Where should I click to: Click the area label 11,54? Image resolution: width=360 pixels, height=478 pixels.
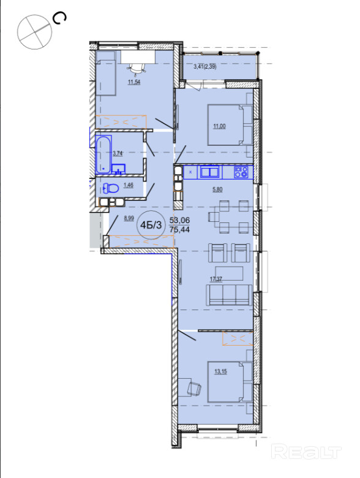[x=134, y=82]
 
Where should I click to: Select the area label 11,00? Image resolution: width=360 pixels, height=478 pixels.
[x=219, y=126]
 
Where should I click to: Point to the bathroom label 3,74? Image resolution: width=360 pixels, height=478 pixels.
[x=118, y=153]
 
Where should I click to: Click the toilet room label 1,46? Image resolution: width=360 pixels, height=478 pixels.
[x=128, y=185]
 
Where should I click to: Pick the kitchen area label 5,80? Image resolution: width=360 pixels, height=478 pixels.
[x=217, y=189]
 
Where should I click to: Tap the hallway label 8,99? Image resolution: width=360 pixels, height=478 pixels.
[x=129, y=218]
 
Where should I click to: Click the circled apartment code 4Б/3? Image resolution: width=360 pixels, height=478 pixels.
[x=151, y=225]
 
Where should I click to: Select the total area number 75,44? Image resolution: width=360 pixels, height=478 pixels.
[x=180, y=230]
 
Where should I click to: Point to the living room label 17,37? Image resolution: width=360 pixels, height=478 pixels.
[x=216, y=279]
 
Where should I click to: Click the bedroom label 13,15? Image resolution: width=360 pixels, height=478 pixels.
[x=220, y=371]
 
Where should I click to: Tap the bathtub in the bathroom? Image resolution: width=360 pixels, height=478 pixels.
[x=103, y=155]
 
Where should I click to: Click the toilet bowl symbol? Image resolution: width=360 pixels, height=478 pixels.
[x=111, y=188]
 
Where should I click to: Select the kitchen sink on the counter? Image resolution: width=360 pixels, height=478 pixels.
[x=209, y=172]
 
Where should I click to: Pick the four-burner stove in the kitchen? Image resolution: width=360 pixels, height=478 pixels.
[x=241, y=172]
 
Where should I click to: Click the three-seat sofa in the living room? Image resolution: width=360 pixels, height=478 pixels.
[x=229, y=295]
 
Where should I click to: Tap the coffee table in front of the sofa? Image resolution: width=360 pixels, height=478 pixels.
[x=229, y=273]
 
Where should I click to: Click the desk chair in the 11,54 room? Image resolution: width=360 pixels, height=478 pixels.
[x=136, y=69]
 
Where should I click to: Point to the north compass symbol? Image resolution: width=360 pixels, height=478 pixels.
[x=34, y=32]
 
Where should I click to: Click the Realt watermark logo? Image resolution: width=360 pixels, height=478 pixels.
[x=306, y=452]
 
